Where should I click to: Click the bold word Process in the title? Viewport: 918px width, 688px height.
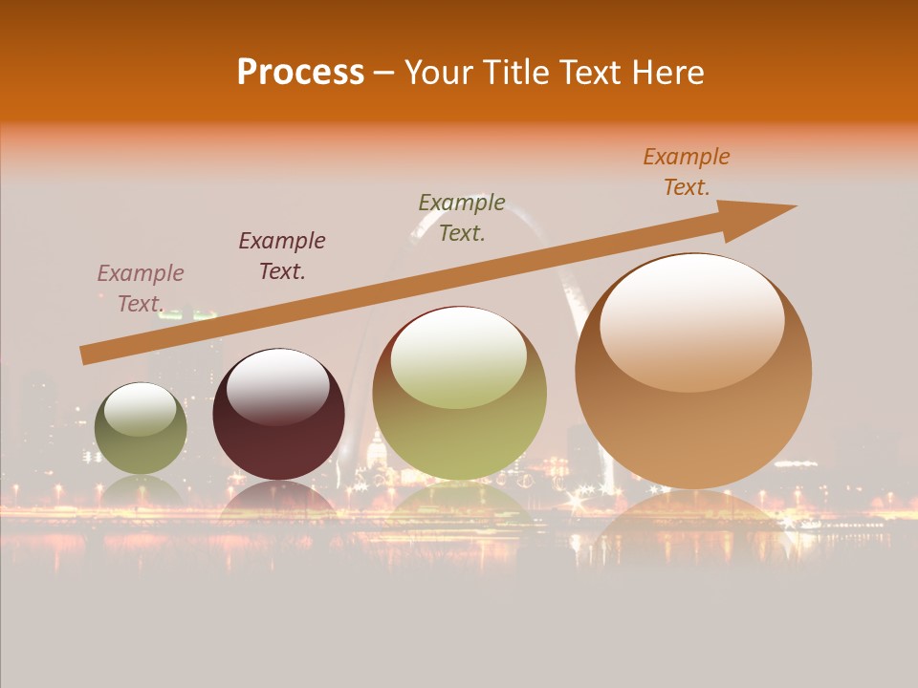300,73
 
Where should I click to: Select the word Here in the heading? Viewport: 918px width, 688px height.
667,73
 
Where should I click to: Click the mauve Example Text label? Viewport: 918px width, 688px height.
141,289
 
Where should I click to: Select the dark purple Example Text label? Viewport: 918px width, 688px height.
282,256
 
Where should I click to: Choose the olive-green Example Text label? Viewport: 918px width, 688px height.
462,218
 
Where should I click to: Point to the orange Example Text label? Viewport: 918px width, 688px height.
687,172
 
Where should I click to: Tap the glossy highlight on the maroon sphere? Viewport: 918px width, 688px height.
277,386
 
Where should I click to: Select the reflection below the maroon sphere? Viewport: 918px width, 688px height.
278,502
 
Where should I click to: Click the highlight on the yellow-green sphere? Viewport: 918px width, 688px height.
459,355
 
